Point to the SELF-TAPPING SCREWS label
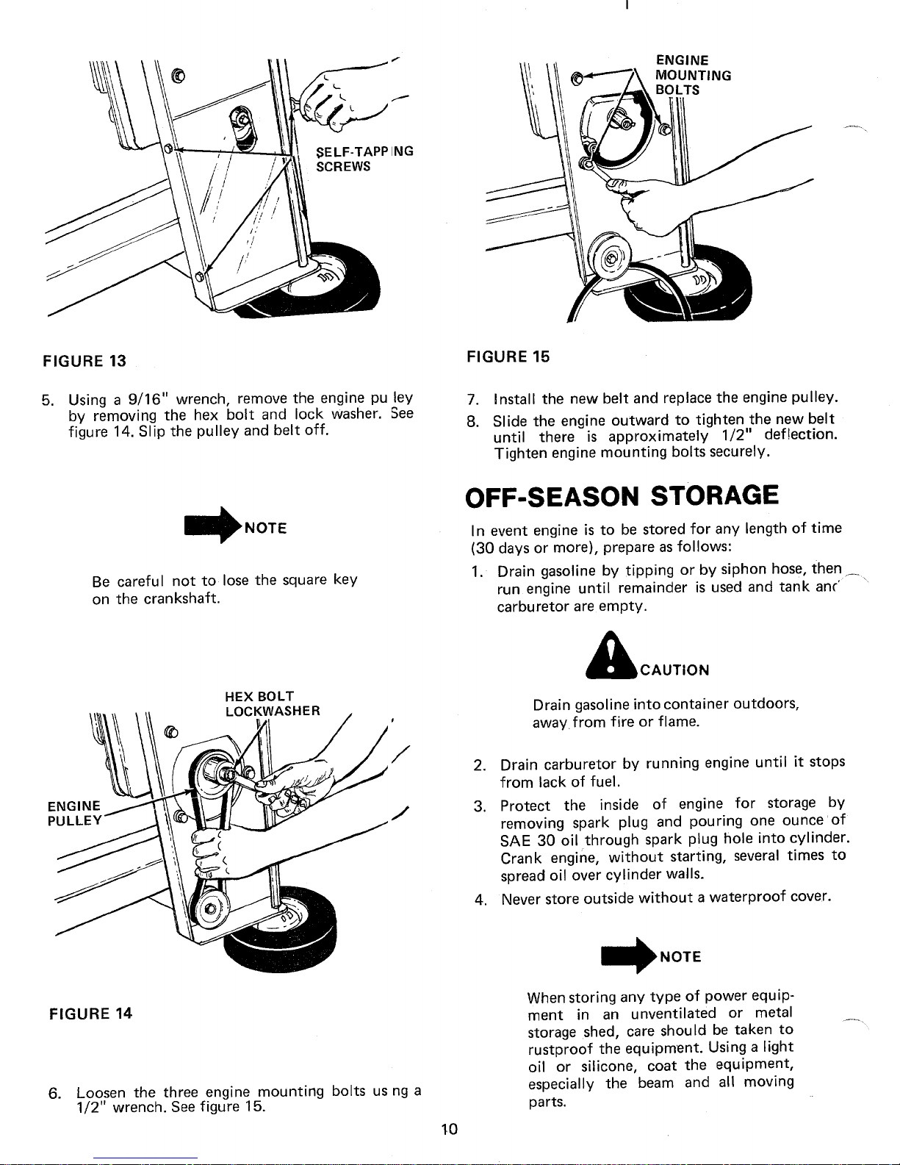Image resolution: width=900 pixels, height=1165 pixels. coord(364,159)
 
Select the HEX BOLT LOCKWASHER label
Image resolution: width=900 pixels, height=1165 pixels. coord(273,703)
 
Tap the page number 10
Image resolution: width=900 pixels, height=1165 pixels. coord(450,1130)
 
